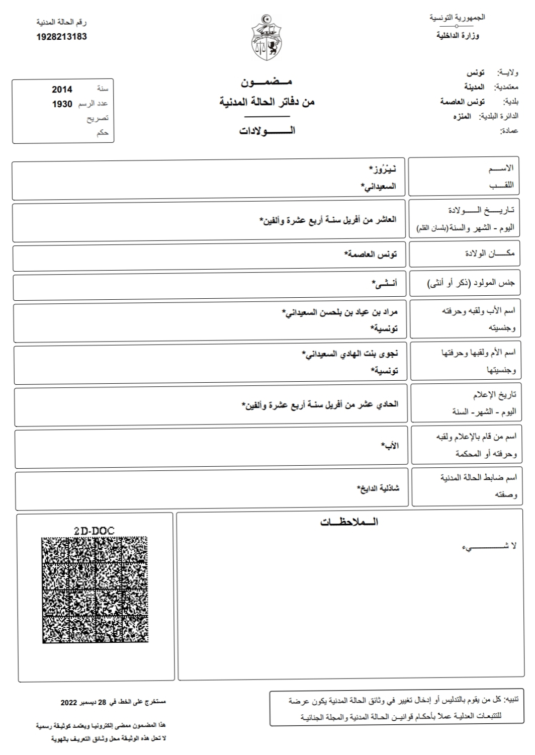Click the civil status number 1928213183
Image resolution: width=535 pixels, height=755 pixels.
click(62, 37)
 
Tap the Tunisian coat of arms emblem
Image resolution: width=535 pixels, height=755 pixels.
click(266, 38)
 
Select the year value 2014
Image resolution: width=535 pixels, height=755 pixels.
click(62, 90)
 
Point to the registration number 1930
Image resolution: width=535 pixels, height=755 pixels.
click(62, 104)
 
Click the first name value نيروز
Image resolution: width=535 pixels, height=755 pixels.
click(382, 169)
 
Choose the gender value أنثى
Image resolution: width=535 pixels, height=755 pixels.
click(384, 284)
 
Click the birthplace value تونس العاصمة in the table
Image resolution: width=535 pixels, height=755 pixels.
click(371, 254)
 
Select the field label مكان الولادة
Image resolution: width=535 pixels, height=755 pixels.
click(489, 254)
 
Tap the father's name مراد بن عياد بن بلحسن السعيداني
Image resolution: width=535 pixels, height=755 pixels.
click(339, 312)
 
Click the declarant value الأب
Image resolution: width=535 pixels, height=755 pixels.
click(390, 446)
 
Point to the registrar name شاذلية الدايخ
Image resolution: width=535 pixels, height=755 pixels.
click(378, 488)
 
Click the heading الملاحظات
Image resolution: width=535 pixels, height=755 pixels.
click(349, 522)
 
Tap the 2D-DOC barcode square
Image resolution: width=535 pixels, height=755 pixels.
click(95, 590)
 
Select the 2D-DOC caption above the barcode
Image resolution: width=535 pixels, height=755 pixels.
click(94, 531)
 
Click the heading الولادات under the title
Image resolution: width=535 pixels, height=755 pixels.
click(267, 131)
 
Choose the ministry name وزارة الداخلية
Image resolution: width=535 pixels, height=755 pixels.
click(458, 36)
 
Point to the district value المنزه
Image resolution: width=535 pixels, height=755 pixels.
click(462, 117)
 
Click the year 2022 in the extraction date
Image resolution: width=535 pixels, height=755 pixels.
click(69, 702)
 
